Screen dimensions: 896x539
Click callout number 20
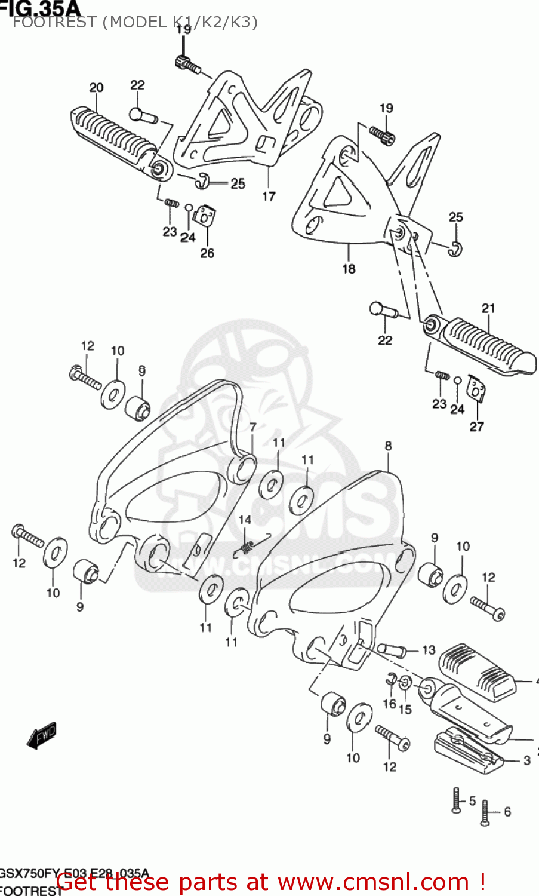pyautogui.click(x=96, y=88)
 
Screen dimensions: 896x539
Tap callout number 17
pyautogui.click(x=269, y=196)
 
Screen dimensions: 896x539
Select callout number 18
pyautogui.click(x=349, y=269)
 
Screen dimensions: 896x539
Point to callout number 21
pyautogui.click(x=488, y=308)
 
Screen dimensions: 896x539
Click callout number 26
pyautogui.click(x=207, y=253)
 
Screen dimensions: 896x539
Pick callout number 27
pyautogui.click(x=476, y=426)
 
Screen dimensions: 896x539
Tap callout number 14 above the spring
pyautogui.click(x=245, y=520)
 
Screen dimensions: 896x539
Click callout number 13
pyautogui.click(x=429, y=650)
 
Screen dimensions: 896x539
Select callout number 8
pyautogui.click(x=389, y=446)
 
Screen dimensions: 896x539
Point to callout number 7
pyautogui.click(x=253, y=428)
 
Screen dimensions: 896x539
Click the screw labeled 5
pyautogui.click(x=457, y=800)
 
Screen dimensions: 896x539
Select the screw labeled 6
pyautogui.click(x=485, y=813)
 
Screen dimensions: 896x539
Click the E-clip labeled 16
pyautogui.click(x=391, y=678)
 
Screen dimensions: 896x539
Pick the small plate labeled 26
pyautogui.click(x=205, y=216)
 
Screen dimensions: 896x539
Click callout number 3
pyautogui.click(x=527, y=760)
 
